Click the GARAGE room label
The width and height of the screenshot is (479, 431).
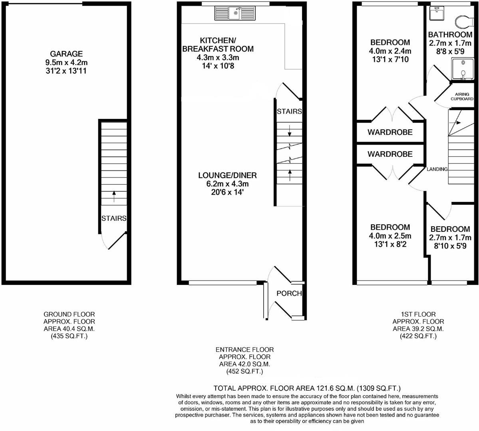[66, 54]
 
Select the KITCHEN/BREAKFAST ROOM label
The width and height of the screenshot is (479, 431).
[218, 45]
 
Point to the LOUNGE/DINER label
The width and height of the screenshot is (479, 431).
[227, 175]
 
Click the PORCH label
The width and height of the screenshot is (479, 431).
[289, 294]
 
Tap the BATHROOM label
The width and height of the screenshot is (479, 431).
[450, 35]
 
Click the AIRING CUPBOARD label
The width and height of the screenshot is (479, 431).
[462, 97]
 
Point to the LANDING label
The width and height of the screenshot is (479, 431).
[437, 169]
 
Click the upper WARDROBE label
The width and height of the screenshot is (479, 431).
[390, 132]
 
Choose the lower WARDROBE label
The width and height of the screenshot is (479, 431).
[390, 154]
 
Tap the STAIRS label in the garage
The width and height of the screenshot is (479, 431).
[114, 218]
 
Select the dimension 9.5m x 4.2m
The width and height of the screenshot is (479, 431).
[66, 63]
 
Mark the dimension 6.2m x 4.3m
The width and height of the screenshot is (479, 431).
[227, 184]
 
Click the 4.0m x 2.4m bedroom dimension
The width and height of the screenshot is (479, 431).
[390, 51]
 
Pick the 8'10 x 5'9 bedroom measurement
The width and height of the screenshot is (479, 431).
[450, 247]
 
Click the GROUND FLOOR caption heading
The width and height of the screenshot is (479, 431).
[69, 314]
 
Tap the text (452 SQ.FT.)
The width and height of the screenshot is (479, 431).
[244, 372]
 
